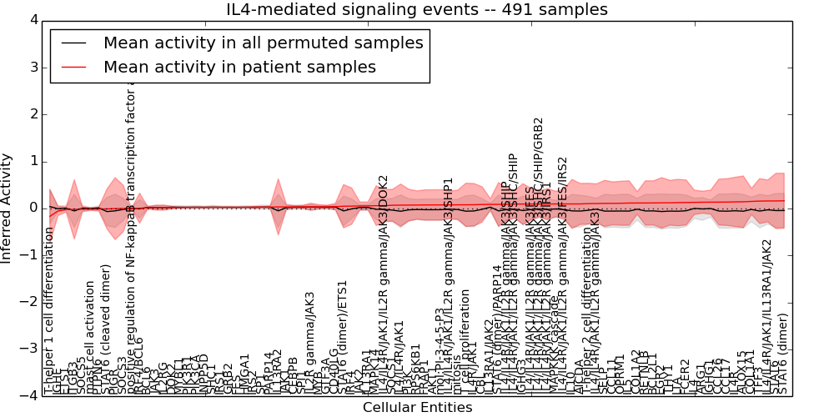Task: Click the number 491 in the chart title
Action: pos(528,9)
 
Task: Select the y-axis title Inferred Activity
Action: pos(7,208)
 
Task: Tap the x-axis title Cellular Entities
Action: pos(417,408)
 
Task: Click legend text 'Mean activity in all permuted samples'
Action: pos(263,43)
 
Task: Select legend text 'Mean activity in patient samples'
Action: pos(239,67)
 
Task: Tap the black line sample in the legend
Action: pos(73,43)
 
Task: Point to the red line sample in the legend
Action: pos(73,67)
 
